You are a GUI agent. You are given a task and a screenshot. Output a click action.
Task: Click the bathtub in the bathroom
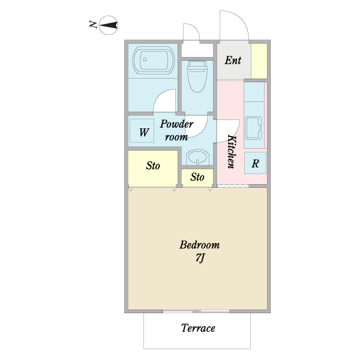tap(154, 60)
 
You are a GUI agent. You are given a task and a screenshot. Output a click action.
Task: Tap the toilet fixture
tap(197, 76)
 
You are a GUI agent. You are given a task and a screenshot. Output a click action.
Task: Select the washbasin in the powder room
tap(197, 157)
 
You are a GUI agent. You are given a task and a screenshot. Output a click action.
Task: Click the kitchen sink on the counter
tap(253, 128)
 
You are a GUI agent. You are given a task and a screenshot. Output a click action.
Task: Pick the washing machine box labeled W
tap(142, 131)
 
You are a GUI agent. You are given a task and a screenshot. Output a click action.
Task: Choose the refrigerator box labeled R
tap(255, 163)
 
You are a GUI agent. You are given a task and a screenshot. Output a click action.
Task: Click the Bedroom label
tap(199, 245)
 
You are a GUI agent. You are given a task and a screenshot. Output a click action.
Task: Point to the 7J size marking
tap(200, 258)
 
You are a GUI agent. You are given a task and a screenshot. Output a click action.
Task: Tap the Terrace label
tap(198, 328)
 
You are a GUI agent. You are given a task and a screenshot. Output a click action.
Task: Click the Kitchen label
tap(232, 152)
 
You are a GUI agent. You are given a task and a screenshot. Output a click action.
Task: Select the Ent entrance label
tap(233, 61)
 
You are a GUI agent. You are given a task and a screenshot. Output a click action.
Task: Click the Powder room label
tap(176, 130)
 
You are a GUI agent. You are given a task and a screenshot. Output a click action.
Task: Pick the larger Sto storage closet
tap(153, 168)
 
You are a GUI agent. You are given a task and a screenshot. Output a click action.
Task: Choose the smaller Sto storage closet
tap(197, 178)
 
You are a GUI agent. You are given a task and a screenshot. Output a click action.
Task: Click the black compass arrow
tap(109, 25)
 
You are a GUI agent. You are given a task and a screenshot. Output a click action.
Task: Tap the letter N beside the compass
tap(93, 25)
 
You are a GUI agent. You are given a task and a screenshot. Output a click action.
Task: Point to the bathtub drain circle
tap(145, 59)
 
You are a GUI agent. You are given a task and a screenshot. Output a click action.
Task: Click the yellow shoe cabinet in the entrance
tap(259, 61)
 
